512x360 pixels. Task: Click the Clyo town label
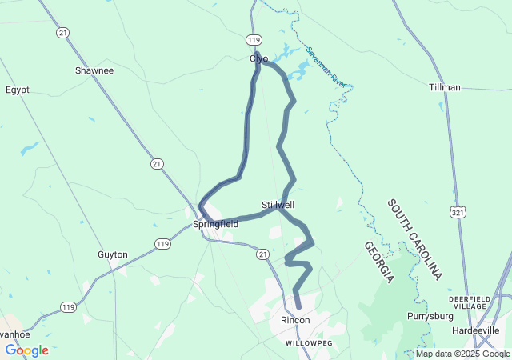[x=258, y=58]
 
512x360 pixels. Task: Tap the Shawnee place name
[x=94, y=70]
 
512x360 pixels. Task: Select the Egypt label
[x=18, y=90]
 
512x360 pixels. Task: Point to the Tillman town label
[x=444, y=86]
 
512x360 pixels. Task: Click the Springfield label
[x=215, y=225]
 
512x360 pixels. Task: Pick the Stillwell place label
[x=278, y=205]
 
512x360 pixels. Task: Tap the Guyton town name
[x=113, y=254]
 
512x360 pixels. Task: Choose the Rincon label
[x=294, y=320]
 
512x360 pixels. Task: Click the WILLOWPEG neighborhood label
[x=308, y=342]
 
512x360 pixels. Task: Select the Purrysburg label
[x=430, y=316]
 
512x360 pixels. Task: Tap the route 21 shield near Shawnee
[x=62, y=33]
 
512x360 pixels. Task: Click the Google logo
[x=26, y=350]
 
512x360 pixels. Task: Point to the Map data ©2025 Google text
[x=462, y=354]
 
